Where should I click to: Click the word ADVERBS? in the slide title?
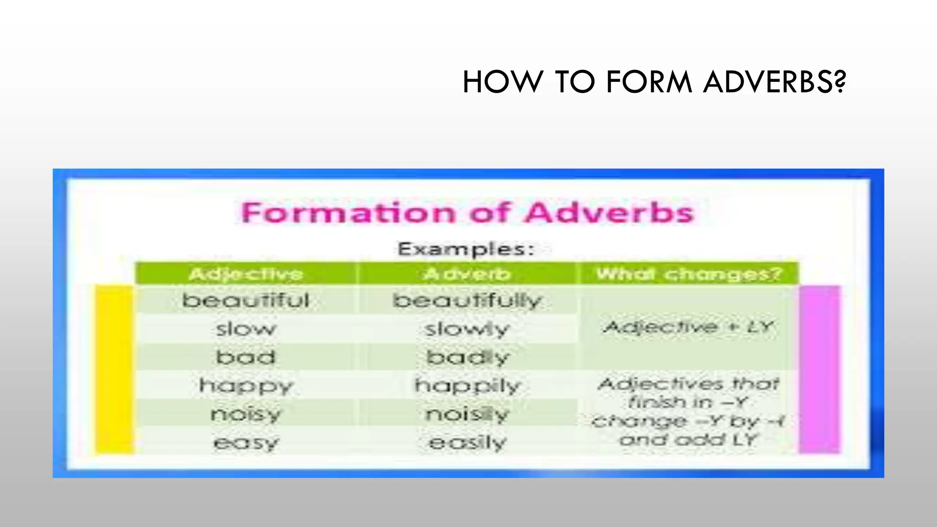coord(774,82)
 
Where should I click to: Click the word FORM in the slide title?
coord(649,82)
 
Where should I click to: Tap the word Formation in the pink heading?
coord(348,213)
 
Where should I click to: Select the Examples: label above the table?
coord(466,249)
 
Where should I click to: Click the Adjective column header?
coord(246,274)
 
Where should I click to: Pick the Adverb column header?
coord(467,274)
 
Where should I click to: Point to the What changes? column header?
coord(689,274)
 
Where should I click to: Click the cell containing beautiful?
coord(246,301)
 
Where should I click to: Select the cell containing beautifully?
coord(467,301)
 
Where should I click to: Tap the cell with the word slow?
coord(246,329)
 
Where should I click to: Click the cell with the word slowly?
coord(467,329)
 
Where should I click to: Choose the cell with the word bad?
coord(246,357)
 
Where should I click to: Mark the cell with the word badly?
coord(467,357)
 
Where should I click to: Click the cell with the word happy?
coord(246,386)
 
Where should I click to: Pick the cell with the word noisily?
coord(467,414)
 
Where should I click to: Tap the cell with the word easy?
coord(246,442)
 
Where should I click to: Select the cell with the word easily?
coord(467,442)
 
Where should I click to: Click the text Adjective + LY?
coord(689,327)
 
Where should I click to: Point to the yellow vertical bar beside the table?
coord(114,370)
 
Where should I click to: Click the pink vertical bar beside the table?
coord(819,370)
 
